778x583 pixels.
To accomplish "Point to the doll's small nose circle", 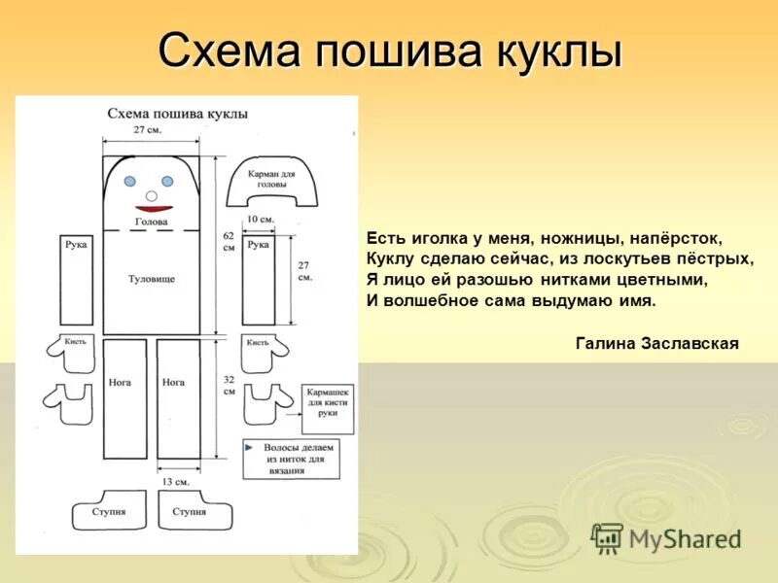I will pos(151,195).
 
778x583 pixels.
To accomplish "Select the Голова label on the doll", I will pos(152,222).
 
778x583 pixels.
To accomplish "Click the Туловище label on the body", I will pos(152,279).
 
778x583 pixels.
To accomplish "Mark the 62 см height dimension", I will pos(229,241).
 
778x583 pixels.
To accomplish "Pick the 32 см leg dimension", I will pos(229,385).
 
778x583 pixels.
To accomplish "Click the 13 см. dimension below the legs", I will pos(175,481).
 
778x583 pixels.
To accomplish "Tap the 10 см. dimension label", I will pos(259,219).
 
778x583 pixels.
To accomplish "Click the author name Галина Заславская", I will pos(657,343).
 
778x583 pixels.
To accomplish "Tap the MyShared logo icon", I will pos(607,538).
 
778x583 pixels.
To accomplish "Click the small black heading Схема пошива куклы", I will pos(177,114).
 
